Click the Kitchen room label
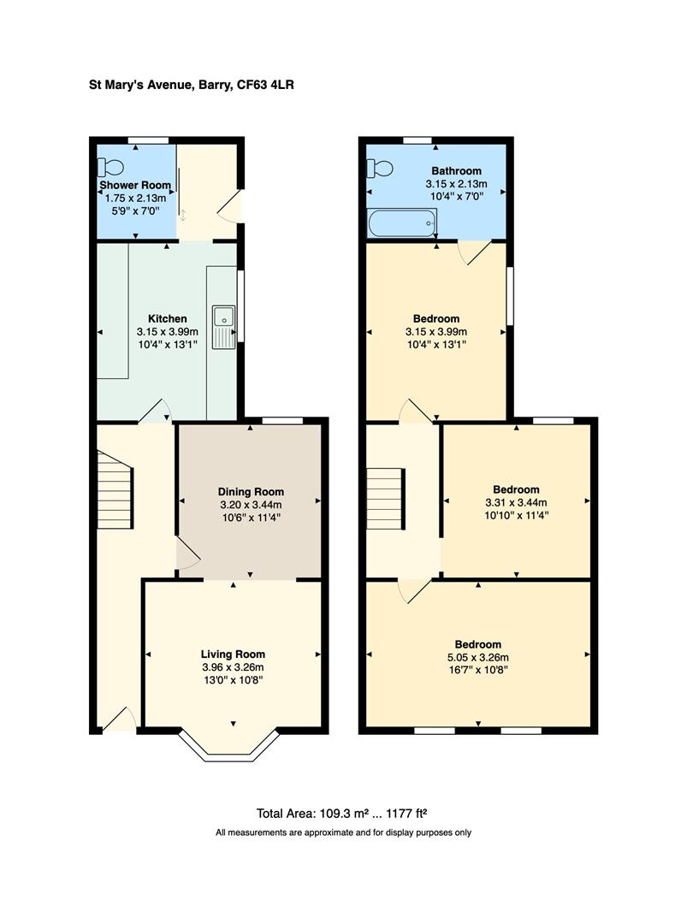[x=167, y=319]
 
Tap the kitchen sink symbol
[x=224, y=327]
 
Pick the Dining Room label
[x=250, y=492]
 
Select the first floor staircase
[x=385, y=498]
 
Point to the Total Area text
[x=347, y=813]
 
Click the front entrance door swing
[x=120, y=720]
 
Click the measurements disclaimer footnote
[x=343, y=832]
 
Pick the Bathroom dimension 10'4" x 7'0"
[x=455, y=196]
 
